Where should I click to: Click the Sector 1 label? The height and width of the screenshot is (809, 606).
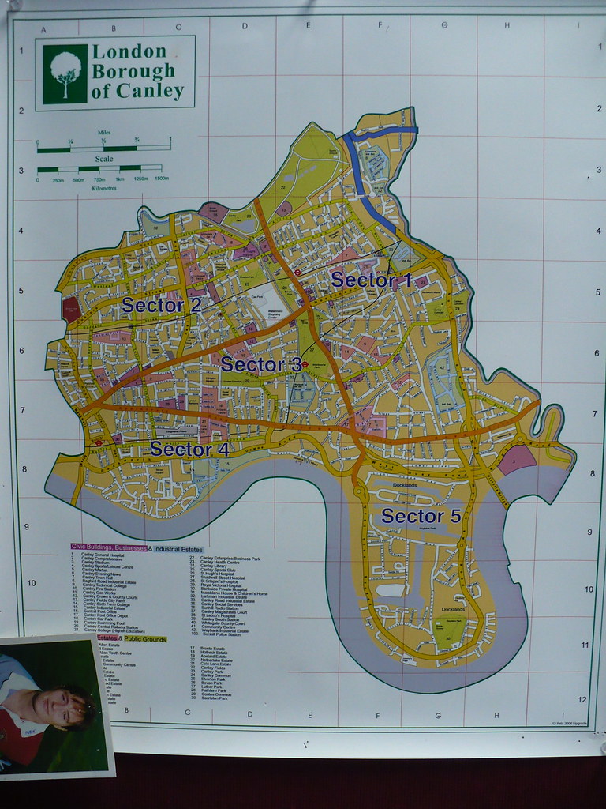[x=371, y=280]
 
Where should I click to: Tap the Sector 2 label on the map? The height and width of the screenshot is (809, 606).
[x=161, y=305]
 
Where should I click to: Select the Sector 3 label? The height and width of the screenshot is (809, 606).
[x=260, y=364]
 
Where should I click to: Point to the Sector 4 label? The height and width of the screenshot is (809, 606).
[x=189, y=449]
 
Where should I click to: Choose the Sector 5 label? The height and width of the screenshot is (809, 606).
[x=421, y=517]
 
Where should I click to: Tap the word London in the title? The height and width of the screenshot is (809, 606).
[x=129, y=52]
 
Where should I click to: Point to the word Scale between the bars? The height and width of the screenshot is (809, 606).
[x=104, y=158]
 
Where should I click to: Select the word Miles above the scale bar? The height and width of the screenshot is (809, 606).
[x=103, y=133]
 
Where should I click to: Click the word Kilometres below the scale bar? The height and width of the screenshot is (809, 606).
[x=104, y=189]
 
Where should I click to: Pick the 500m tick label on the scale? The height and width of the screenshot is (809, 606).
[x=79, y=180]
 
